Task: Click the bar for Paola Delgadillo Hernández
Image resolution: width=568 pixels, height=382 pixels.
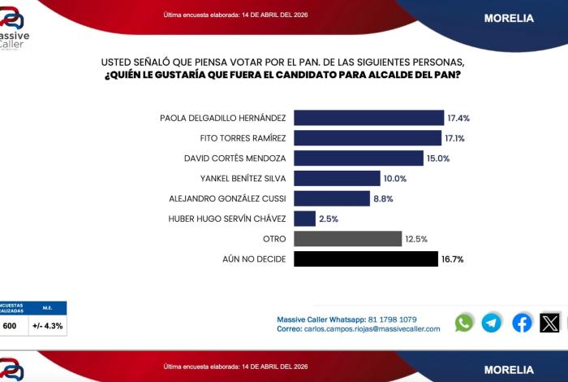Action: point(368,118)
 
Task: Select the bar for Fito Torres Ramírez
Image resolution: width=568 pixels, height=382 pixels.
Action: point(367,137)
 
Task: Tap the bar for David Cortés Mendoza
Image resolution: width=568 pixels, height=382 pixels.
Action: point(358,158)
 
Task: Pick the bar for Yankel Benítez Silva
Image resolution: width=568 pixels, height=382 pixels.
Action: point(337,178)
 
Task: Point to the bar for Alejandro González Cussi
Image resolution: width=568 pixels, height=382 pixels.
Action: point(331,198)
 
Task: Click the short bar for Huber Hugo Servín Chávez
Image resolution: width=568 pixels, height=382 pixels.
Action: point(304,219)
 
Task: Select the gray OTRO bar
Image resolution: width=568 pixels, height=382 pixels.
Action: point(347,239)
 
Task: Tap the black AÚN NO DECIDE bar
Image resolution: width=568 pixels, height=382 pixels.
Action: point(365,259)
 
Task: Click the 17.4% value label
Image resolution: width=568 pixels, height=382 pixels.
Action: point(458,118)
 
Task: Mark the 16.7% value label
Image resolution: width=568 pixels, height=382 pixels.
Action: point(452,259)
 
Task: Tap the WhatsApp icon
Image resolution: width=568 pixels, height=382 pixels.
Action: point(464,323)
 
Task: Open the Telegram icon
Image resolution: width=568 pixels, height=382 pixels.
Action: point(492,323)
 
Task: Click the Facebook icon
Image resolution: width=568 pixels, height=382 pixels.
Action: point(523,323)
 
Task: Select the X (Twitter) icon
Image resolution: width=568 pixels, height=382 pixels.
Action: point(550,323)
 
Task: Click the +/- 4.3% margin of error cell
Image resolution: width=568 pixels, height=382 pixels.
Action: point(48,326)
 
